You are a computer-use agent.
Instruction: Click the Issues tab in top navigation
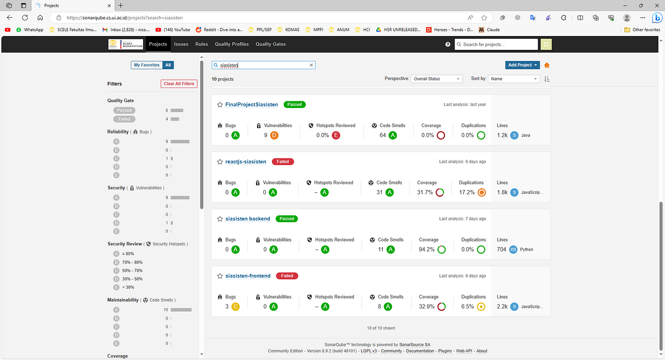181,44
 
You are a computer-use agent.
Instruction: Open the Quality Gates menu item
270,44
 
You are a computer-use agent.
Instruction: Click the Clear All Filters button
179,84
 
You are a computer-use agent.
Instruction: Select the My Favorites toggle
146,65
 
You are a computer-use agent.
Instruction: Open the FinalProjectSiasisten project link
252,105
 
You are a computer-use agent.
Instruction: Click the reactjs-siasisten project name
245,162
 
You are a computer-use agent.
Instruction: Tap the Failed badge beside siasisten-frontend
287,276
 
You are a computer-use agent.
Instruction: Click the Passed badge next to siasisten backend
287,219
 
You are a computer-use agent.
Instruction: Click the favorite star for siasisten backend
220,219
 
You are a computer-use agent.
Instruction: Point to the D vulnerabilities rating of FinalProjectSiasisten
274,135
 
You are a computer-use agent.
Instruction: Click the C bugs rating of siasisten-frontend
236,306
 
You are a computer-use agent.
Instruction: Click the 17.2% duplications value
467,192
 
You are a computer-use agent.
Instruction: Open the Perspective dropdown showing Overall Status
436,79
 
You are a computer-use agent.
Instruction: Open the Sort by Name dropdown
513,79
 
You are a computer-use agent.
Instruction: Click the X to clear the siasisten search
311,65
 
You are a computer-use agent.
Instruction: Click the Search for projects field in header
496,44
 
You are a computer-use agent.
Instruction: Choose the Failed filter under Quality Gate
124,119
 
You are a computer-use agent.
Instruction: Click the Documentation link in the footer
420,351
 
